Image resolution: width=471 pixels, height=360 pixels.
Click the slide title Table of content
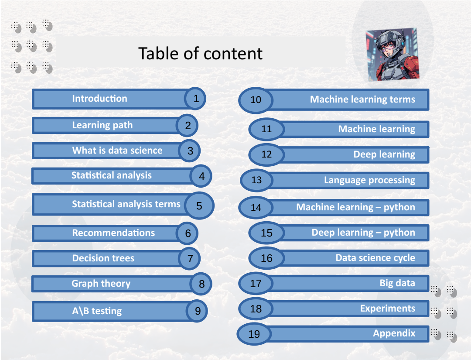coord(200,53)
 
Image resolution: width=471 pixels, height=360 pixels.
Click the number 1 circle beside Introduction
coord(196,99)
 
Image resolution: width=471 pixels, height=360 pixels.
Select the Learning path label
coord(102,125)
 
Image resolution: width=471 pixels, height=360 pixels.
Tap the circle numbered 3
coord(190,151)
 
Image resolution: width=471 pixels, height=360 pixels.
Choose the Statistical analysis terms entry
coord(126,204)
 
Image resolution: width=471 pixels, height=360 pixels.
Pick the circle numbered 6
coord(188,233)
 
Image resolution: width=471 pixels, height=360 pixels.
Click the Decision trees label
coord(103,258)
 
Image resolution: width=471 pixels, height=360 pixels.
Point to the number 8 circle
coord(201,284)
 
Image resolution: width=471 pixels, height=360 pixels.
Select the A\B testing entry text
coord(97,311)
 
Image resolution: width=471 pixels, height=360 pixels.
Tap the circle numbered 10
coord(256,100)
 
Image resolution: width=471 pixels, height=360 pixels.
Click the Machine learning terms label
coord(362,99)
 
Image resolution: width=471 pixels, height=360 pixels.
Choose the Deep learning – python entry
coord(363,233)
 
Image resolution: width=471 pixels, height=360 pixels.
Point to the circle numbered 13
coord(256,180)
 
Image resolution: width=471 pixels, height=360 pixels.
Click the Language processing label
coord(369,180)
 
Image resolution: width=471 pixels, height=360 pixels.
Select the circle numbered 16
coord(266,258)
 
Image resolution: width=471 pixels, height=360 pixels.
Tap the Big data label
coord(397,283)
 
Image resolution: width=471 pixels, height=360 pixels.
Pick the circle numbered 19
coord(254,334)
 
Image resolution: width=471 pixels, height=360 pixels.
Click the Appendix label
coord(394,334)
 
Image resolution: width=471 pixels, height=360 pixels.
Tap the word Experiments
coord(387,309)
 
